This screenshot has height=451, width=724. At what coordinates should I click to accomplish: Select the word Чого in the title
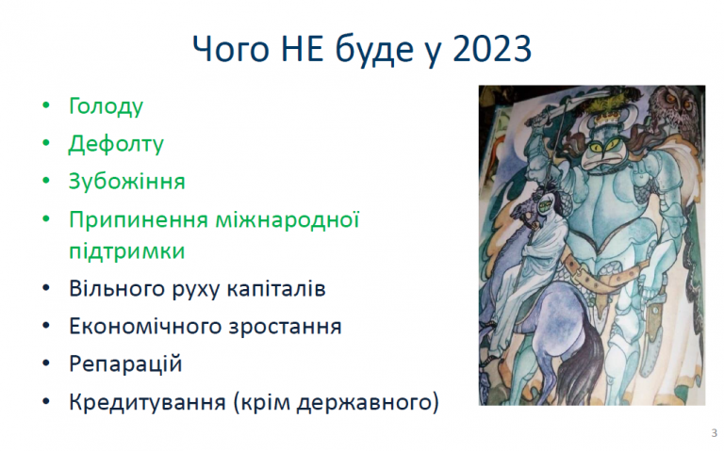[x=230, y=50]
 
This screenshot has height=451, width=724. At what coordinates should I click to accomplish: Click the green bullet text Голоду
[x=107, y=106]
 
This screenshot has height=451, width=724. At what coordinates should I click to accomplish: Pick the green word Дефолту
[x=116, y=144]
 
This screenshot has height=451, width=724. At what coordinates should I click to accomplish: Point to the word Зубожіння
[x=127, y=181]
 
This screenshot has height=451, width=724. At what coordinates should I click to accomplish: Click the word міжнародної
[x=288, y=219]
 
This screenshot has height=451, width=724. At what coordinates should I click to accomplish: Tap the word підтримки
[x=127, y=251]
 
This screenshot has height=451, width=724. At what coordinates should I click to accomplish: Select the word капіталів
[x=276, y=289]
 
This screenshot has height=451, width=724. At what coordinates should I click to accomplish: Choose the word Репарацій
[x=125, y=364]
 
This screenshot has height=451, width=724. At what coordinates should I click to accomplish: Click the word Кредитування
[x=147, y=403]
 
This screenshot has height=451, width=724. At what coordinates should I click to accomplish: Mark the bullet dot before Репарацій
[x=45, y=363]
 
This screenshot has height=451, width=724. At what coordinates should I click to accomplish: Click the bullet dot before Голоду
[x=45, y=105]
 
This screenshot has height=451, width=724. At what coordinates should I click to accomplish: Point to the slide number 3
[x=715, y=433]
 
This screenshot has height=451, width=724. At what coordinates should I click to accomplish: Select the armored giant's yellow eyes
[x=601, y=146]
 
